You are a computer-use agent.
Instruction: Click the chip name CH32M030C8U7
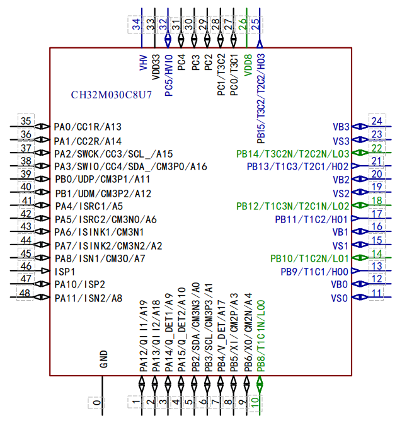pos(112,95)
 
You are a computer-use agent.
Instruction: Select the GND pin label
pos(104,359)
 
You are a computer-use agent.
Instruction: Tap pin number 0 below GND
pos(97,403)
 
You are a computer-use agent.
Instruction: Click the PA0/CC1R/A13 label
pos(88,127)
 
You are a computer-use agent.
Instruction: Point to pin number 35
pos(26,121)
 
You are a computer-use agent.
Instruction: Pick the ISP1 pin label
pos(65,272)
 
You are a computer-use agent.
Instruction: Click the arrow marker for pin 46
pos(45,270)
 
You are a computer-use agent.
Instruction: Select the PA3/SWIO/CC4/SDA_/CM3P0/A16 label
pos(131,166)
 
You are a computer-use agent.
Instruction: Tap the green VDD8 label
pos(248,65)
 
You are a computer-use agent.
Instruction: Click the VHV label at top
pos(144,62)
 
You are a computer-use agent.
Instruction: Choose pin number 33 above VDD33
pos(151,25)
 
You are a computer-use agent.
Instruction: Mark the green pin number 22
pos(377,148)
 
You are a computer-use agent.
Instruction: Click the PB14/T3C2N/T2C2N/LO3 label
pos(293,154)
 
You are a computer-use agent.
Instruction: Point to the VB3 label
pos(341,127)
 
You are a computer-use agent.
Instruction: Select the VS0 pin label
pos(339,298)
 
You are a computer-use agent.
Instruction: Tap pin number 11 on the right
pos(376,293)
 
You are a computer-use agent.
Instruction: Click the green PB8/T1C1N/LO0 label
pos(261,336)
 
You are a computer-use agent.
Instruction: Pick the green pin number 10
pos(255,402)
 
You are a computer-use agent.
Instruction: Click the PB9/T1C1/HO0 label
pos(314,272)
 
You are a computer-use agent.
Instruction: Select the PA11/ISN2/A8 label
pos(88,298)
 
